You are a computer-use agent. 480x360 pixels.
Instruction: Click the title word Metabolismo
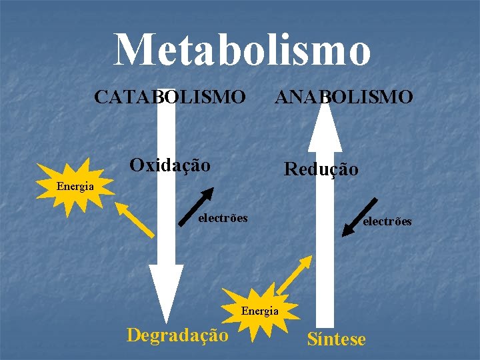click(x=242, y=49)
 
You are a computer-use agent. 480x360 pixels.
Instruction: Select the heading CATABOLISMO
click(x=169, y=97)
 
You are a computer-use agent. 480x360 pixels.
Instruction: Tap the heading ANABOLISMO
click(x=344, y=97)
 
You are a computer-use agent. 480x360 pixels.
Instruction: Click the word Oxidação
click(x=170, y=165)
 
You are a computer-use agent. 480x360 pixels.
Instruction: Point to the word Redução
click(x=321, y=169)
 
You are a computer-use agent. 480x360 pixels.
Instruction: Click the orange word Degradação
click(x=177, y=334)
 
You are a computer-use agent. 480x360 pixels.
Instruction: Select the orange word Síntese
click(x=336, y=339)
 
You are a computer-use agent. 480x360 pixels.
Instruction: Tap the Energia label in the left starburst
click(x=75, y=187)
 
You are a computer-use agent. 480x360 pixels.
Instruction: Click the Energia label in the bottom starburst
click(x=259, y=311)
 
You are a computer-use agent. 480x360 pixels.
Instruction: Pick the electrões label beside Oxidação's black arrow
click(x=223, y=218)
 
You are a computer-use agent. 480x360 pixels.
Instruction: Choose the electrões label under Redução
click(x=387, y=221)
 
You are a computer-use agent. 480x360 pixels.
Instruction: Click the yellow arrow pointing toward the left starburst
click(x=134, y=220)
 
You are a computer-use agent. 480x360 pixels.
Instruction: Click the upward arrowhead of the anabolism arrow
click(x=324, y=127)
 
